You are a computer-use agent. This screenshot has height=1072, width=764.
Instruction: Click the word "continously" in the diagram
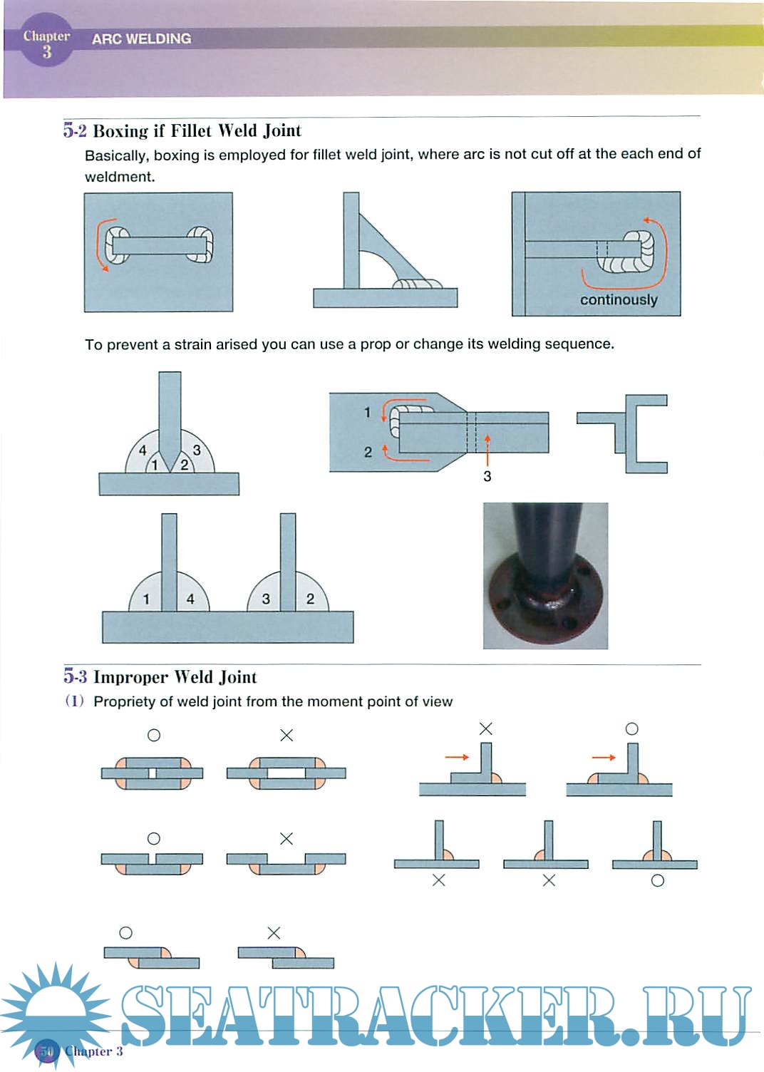tap(619, 300)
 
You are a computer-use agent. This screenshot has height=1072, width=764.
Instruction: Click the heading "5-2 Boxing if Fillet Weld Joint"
tap(182, 131)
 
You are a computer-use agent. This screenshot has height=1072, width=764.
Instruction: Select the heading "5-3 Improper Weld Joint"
tap(160, 677)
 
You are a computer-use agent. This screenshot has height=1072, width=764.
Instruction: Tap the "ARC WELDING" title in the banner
tap(141, 39)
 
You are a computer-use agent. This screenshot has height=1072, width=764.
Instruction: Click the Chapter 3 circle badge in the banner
tap(46, 43)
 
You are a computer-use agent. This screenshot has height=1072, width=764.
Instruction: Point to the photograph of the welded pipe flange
tap(545, 575)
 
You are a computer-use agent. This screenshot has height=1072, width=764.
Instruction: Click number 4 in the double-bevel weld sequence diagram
tap(143, 450)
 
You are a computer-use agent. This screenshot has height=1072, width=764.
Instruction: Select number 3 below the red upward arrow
tap(487, 477)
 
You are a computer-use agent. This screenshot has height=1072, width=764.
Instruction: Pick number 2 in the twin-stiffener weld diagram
tap(310, 599)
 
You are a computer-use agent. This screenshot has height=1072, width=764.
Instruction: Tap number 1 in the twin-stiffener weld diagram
tap(146, 599)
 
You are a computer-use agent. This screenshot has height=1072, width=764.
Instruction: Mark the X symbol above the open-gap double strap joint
tap(286, 736)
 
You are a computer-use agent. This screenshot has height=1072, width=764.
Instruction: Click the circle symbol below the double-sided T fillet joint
tap(658, 881)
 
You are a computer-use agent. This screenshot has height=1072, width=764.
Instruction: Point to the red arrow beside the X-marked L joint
tap(457, 757)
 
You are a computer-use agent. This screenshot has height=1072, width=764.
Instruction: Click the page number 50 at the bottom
tap(46, 1051)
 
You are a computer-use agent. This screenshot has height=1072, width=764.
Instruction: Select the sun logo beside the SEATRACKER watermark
tap(53, 1009)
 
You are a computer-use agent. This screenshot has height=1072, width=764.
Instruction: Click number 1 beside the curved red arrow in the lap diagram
tap(368, 412)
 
